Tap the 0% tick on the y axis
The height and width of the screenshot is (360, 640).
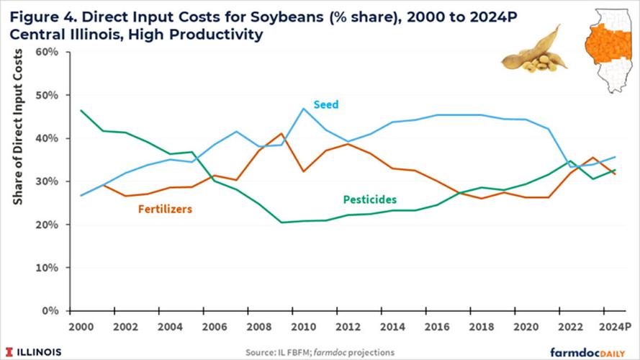click(52, 311)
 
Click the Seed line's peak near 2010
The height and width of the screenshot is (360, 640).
click(303, 109)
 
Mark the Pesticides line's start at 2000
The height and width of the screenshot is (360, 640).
click(80, 110)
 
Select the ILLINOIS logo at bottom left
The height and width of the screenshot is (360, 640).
click(35, 351)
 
